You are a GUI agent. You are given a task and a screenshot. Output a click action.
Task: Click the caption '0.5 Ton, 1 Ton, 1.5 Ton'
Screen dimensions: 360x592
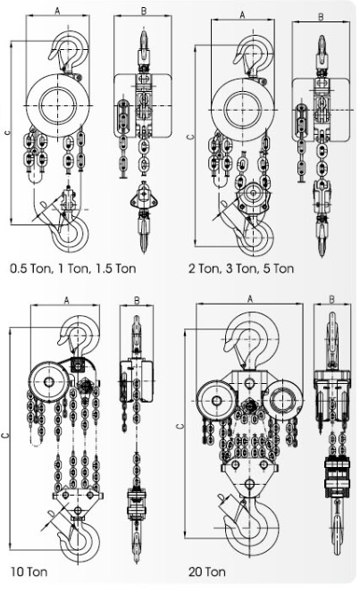[x=73, y=269]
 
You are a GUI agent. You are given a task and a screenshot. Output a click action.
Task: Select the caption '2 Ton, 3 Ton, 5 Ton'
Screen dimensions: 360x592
[x=241, y=269]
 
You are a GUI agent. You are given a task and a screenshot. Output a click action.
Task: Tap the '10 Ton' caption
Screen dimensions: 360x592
[x=29, y=571]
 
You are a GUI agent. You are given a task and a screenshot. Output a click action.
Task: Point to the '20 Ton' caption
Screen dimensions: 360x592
[x=207, y=571]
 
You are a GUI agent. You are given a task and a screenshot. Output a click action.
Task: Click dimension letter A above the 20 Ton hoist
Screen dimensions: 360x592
[x=250, y=299]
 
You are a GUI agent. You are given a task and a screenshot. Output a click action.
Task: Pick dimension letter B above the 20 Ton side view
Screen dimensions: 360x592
[x=331, y=299]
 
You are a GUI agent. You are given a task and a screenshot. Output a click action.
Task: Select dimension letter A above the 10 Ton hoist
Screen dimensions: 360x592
[x=66, y=301]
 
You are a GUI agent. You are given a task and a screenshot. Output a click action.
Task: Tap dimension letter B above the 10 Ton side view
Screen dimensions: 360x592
[x=137, y=301]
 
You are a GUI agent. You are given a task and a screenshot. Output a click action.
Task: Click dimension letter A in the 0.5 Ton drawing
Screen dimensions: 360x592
[x=57, y=12]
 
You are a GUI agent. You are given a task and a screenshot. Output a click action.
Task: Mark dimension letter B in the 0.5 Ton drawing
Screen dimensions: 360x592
[x=144, y=12]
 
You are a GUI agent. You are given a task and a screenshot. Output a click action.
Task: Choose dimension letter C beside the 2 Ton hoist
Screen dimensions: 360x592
[x=191, y=136]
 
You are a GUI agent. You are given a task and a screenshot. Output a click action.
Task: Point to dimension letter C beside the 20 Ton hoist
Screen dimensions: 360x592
[x=180, y=426]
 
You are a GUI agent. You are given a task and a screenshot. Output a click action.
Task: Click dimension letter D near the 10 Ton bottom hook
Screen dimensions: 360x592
[x=52, y=513]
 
